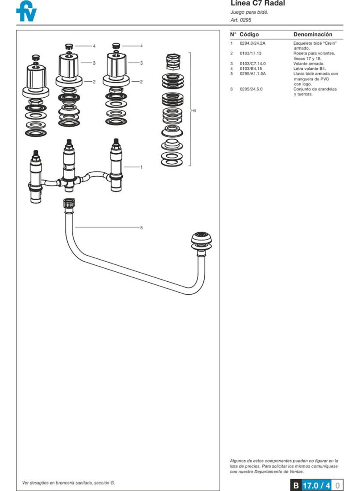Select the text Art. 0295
pos(241,20)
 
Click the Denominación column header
pos(313,34)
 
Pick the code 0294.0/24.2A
pos(252,43)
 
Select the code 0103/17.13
pos(250,53)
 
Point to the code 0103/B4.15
pos(250,68)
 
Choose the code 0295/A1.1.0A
pos(252,73)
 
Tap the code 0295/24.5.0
pos(251,89)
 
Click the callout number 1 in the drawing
pos(141,167)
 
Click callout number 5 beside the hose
pos(141,227)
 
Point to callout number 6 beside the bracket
pos(194,111)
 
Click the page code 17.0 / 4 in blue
pos(317,485)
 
